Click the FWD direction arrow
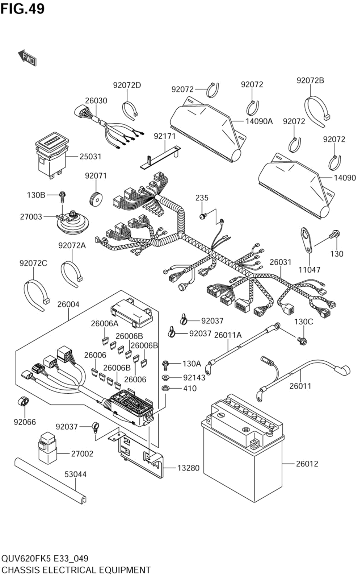click(27, 57)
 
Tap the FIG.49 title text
click(22, 8)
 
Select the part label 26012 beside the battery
click(307, 464)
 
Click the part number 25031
click(90, 157)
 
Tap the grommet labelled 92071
click(96, 199)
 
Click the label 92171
click(164, 136)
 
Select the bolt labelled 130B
click(63, 196)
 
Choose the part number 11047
click(309, 270)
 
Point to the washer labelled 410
click(166, 389)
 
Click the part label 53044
click(75, 474)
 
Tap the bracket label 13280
click(188, 468)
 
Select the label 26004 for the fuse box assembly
click(68, 304)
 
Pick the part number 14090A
click(259, 121)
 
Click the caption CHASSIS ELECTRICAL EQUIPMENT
click(76, 570)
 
